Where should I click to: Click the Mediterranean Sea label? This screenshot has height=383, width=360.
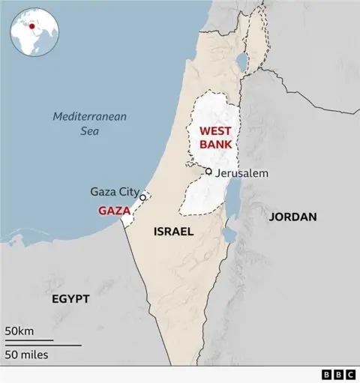tap(90, 124)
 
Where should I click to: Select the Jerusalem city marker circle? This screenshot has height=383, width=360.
tap(208, 172)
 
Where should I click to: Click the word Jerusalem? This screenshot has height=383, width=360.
tap(241, 173)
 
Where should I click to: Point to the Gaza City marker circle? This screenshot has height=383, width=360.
tap(142, 197)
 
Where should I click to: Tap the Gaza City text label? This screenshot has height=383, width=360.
tap(114, 191)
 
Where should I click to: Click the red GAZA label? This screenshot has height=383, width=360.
tap(114, 211)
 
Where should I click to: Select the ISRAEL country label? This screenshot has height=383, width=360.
tap(173, 232)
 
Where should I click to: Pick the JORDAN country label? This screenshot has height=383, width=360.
tap(292, 217)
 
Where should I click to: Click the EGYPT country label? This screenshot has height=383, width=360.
tap(70, 298)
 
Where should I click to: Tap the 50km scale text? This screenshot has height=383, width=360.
tap(19, 331)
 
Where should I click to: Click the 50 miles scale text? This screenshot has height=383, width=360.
tap(27, 354)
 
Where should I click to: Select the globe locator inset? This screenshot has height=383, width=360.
tap(33, 32)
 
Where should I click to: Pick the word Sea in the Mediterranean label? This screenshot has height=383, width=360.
tap(90, 131)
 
